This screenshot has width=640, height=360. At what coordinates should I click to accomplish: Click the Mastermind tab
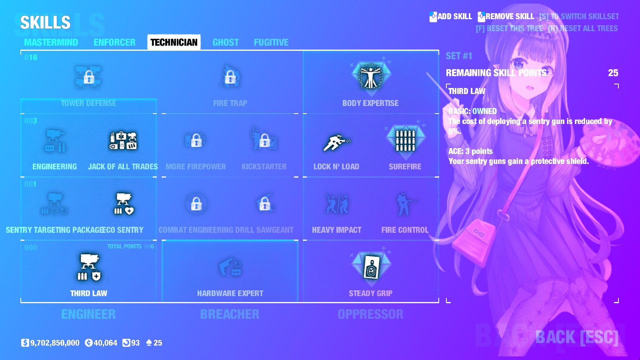point(51,42)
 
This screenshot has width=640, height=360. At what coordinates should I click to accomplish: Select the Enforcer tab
point(114,42)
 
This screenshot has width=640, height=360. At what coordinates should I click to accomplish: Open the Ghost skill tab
point(226,42)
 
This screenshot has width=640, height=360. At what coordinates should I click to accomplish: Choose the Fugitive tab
point(271,42)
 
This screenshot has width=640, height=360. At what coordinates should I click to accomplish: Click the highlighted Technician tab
point(174,42)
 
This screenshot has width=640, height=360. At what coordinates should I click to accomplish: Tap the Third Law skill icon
point(89,267)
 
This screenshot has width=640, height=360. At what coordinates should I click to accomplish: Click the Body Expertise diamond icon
point(371,76)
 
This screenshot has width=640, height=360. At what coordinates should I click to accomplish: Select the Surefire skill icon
point(405,140)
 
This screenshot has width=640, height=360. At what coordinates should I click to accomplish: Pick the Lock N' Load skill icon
point(336,142)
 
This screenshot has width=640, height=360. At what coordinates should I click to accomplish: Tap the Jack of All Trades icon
point(123,140)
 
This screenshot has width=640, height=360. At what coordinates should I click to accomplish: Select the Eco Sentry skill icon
point(124,204)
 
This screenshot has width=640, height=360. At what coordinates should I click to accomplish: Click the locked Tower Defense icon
point(88,77)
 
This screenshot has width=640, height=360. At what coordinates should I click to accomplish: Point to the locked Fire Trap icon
point(230,77)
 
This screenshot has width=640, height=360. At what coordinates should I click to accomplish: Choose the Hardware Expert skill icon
point(230,267)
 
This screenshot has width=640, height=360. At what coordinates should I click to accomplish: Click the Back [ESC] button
point(577,337)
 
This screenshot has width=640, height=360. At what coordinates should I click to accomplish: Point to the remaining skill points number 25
point(613,73)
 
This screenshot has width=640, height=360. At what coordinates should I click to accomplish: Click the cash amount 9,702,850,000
point(55,343)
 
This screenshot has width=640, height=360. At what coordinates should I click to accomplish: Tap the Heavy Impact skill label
point(336,230)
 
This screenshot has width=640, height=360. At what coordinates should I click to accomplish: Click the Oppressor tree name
point(370,314)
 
